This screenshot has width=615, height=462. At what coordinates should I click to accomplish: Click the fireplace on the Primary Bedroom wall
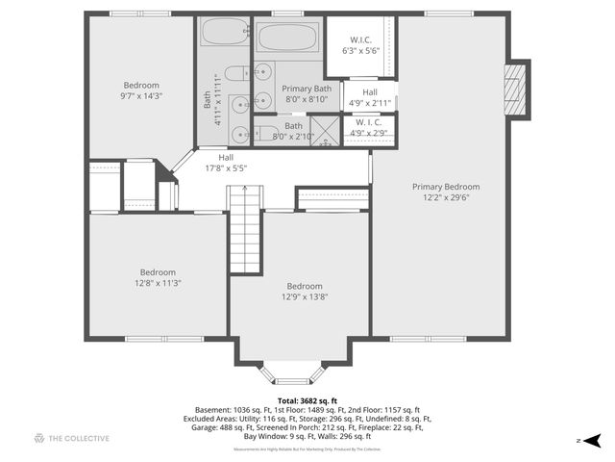point(518,90)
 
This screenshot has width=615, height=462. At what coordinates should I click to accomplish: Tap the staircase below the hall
point(245,231)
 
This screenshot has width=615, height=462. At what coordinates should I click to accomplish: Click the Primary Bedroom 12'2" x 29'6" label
point(446,192)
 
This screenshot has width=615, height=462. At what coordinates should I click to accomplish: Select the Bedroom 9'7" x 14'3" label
point(141,90)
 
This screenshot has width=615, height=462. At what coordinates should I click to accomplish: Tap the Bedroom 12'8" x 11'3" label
point(158,277)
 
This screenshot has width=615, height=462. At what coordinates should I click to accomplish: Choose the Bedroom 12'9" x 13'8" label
point(304,291)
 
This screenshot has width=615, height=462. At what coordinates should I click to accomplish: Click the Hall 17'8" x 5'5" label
point(226,163)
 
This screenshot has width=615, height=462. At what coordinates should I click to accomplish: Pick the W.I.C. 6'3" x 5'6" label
point(360,44)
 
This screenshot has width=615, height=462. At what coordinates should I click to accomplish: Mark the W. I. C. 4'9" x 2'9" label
point(369,127)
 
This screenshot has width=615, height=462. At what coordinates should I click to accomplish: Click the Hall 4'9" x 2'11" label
point(369,97)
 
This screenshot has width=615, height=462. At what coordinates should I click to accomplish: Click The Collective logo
point(72,438)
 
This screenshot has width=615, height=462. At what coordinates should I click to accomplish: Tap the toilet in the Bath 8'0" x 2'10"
point(267,132)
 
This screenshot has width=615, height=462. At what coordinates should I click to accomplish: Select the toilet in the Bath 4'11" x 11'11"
point(236,72)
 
